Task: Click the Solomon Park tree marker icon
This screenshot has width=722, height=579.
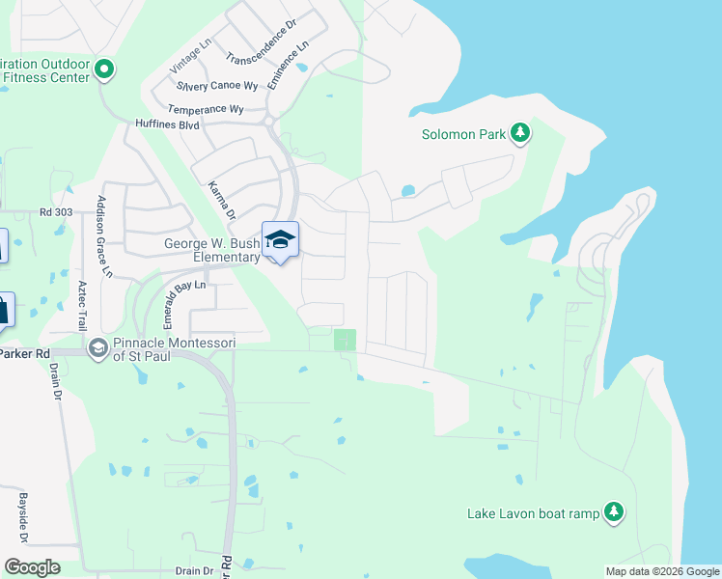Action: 520,133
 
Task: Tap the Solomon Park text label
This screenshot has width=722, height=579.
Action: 463,134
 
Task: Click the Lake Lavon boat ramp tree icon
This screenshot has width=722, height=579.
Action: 613,512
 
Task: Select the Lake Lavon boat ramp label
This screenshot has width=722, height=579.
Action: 533,513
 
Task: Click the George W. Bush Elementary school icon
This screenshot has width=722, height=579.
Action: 280,239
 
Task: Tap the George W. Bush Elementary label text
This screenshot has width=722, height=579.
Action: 211,251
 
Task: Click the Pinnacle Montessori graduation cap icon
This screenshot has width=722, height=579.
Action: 97,346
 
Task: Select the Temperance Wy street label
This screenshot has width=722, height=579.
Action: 206,109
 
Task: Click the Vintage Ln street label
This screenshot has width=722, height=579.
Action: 190,57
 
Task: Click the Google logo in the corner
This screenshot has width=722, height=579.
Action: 32,567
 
